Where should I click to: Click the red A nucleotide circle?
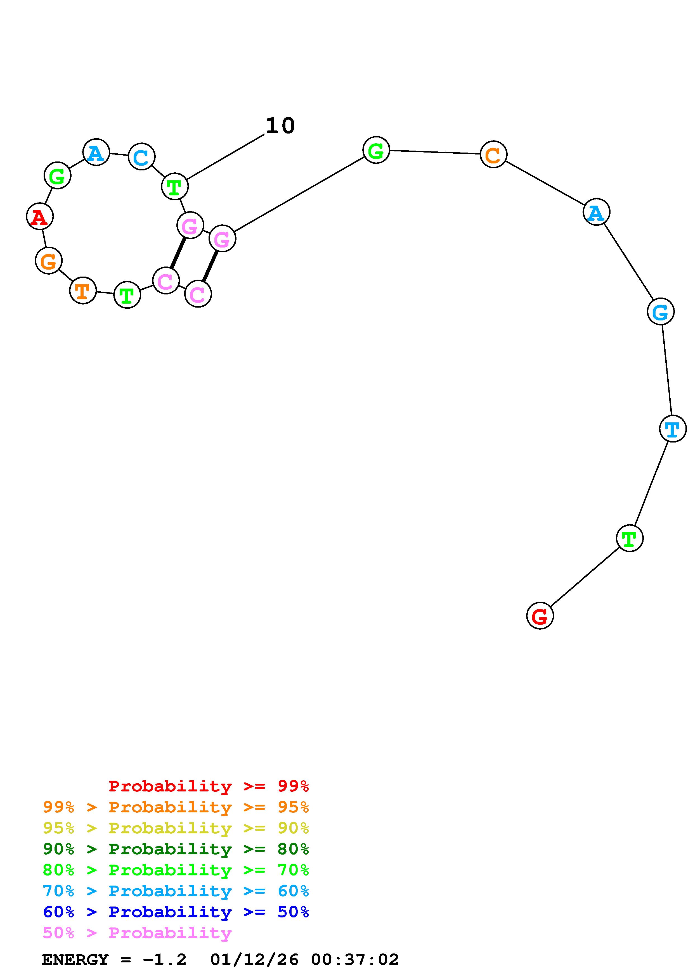40,217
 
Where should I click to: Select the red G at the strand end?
540,615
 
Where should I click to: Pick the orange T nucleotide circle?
83,291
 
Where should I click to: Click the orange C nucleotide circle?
493,154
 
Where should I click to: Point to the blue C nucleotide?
141,157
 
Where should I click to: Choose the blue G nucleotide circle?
660,311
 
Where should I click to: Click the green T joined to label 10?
175,187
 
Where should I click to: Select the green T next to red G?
629,538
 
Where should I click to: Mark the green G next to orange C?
376,150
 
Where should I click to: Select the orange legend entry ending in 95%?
176,807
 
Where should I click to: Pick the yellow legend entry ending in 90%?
176,828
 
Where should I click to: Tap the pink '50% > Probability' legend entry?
137,933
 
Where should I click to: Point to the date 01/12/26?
254,960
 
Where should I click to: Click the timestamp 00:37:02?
355,960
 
